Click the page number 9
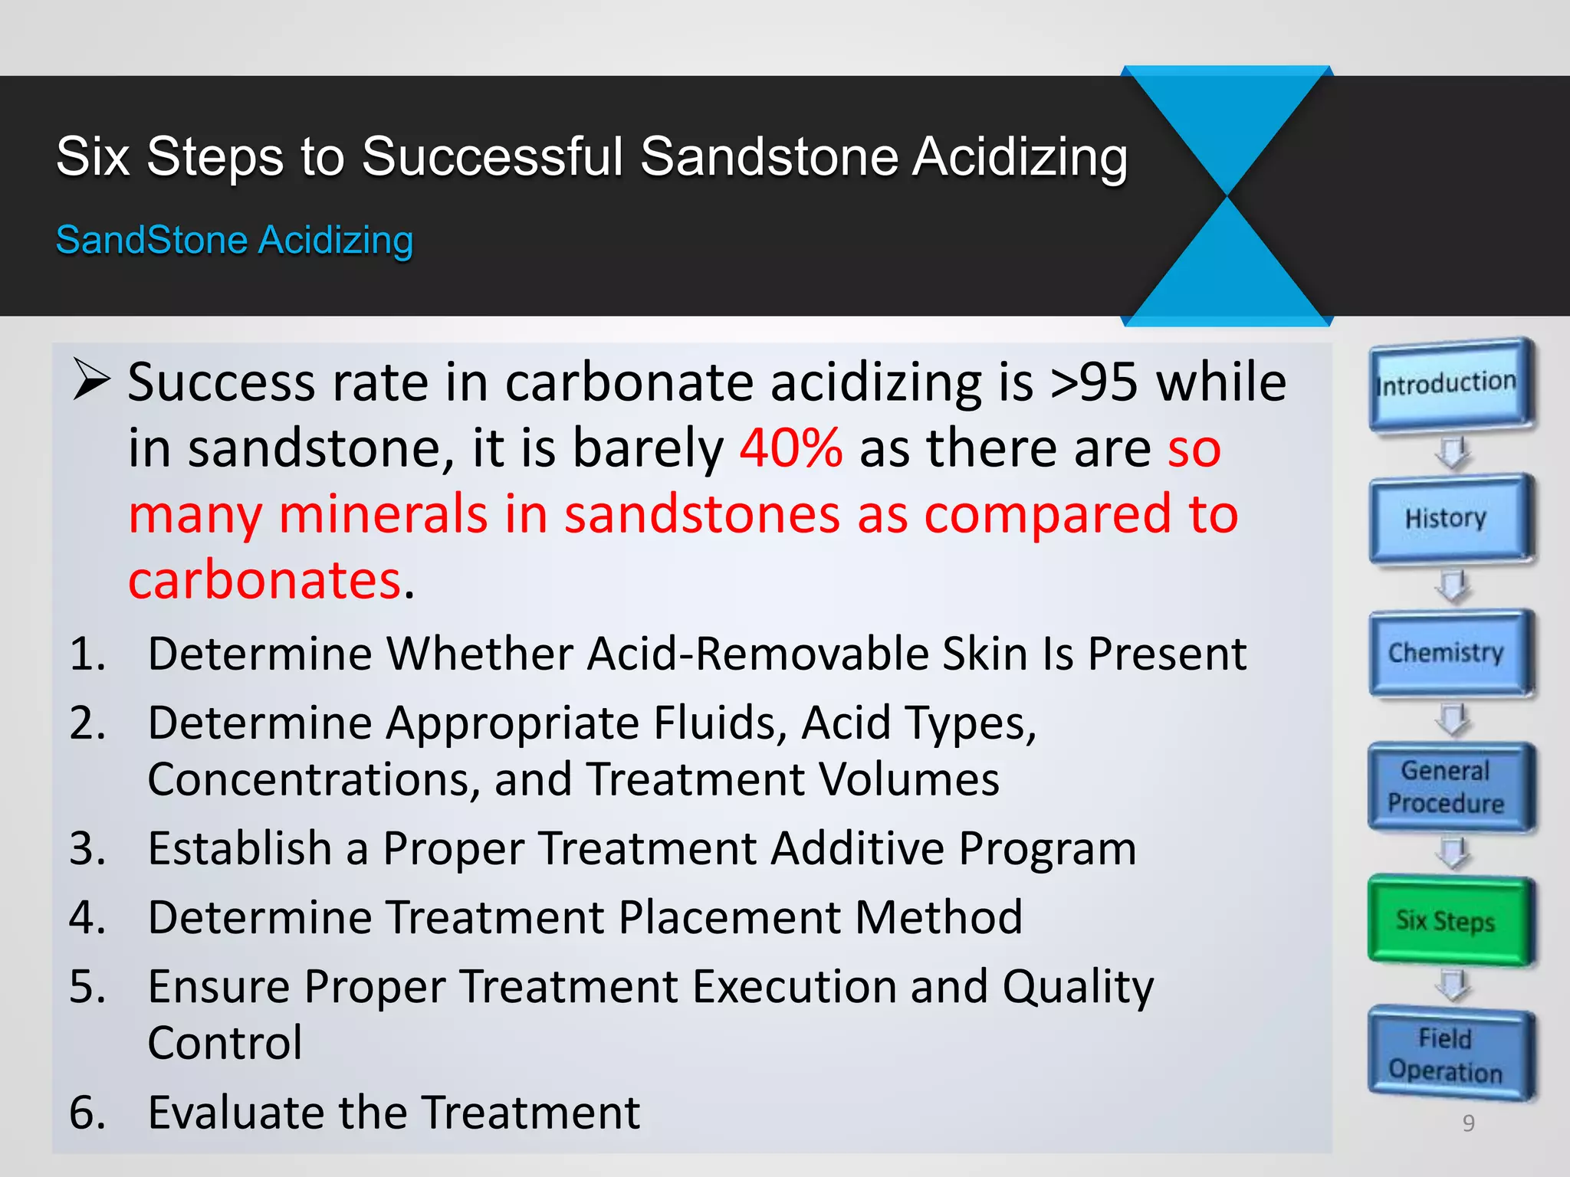[x=1468, y=1123]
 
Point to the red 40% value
[x=791, y=448]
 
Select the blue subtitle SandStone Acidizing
[x=235, y=240]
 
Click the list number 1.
[x=87, y=654]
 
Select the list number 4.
[x=87, y=918]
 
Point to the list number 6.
[x=87, y=1113]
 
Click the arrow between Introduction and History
[x=1452, y=452]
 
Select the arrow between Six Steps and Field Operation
[x=1452, y=985]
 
